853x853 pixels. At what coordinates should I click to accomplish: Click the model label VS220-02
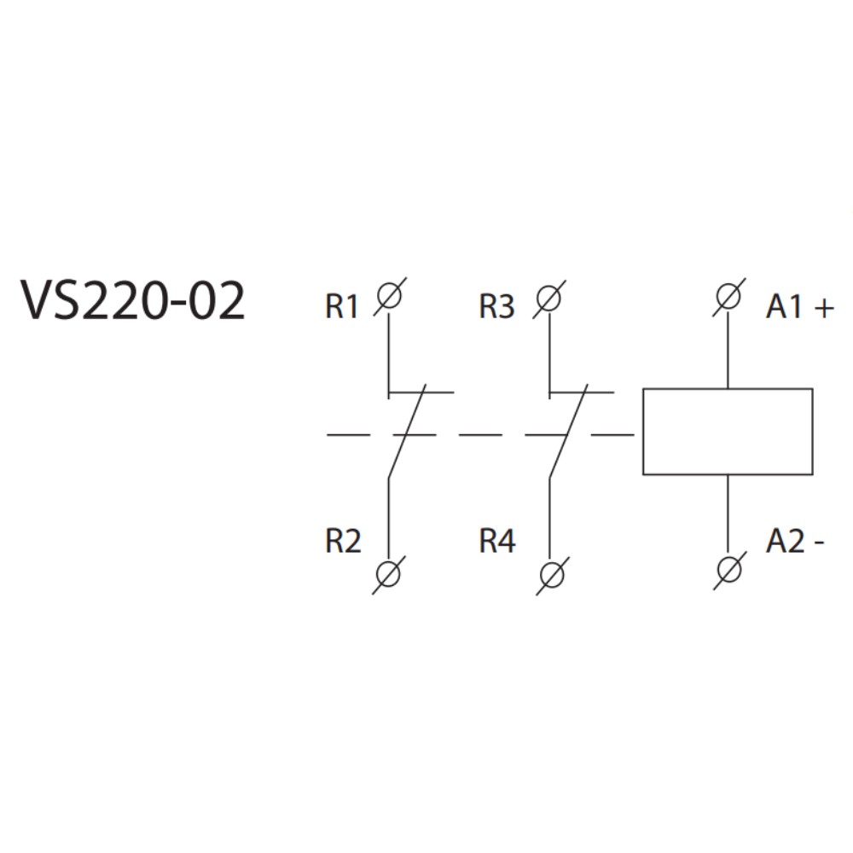coord(133,302)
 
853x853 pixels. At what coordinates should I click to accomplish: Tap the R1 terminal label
coord(342,307)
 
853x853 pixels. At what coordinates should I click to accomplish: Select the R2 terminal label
coord(343,542)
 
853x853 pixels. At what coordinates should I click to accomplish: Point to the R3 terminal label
coord(496,307)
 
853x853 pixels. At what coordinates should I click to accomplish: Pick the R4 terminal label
coord(497,542)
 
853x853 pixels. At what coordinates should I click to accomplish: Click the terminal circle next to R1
coord(388,298)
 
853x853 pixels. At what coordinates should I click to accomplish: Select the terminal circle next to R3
coord(549,298)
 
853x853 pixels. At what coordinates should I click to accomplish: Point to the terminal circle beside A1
coord(727,298)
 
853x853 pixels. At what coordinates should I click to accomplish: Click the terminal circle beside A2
coord(727,566)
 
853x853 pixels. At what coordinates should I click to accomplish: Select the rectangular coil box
coord(727,432)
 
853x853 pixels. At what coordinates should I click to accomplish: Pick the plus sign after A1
coord(823,308)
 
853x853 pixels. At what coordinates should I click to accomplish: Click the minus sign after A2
coord(820,543)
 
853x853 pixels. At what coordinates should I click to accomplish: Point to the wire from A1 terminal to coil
coord(727,350)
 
